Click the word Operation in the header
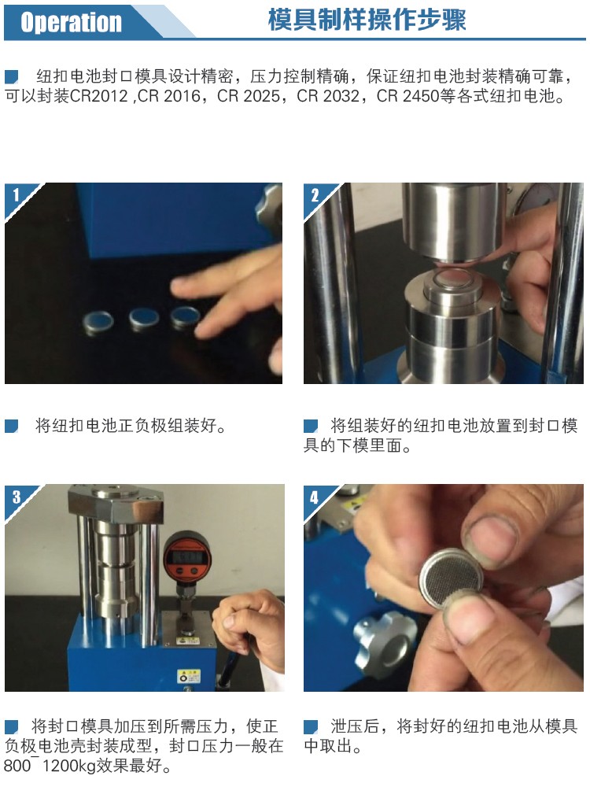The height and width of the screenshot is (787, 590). click(71, 23)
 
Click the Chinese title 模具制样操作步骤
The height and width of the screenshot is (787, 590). click(367, 20)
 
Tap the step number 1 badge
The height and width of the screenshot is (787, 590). click(16, 194)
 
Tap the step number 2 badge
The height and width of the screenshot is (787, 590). click(315, 194)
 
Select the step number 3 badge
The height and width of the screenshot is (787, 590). click(17, 497)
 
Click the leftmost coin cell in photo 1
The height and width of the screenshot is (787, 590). click(98, 322)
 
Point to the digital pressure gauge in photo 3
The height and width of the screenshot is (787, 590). click(188, 558)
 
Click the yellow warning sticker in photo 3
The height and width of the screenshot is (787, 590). click(189, 676)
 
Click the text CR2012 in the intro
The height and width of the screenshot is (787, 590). click(99, 95)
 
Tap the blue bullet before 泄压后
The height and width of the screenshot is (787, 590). click(311, 726)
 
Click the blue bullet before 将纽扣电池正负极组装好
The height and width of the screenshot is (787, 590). click(12, 426)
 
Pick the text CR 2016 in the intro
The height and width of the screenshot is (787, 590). click(168, 95)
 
